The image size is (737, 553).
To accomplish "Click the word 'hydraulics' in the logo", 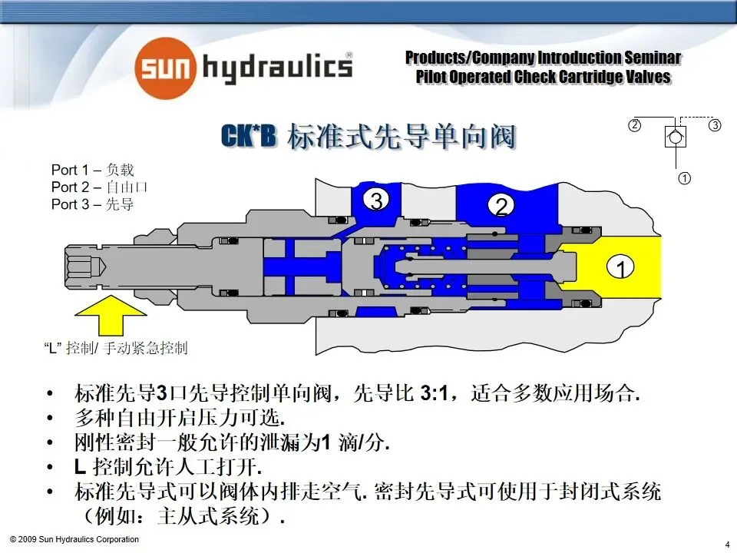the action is coord(276,68).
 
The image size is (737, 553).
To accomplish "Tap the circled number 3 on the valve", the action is coord(376,200).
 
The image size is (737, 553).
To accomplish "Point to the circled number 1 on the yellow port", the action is coord(620,267).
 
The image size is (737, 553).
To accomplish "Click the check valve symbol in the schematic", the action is coord(675,136).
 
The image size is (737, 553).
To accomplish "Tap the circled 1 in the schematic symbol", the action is coord(684,179).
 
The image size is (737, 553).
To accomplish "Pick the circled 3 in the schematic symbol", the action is coord(715,125).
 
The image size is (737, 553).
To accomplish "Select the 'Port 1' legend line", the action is coord(92,170).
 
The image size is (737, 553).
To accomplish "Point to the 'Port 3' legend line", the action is coord(92,204).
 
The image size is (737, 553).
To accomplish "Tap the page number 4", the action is coord(726,545).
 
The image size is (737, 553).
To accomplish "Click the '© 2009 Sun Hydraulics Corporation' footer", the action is coord(74,539).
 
